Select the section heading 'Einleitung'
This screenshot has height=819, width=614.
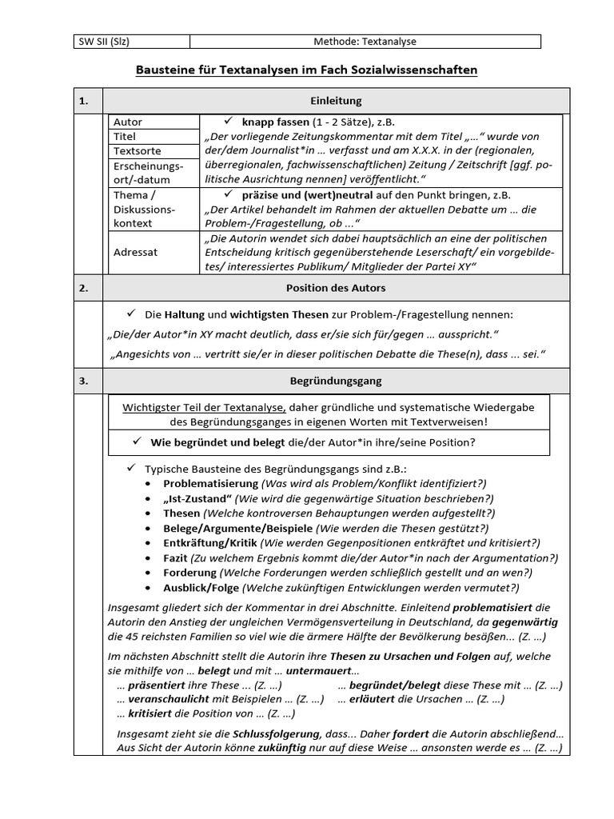click(x=336, y=101)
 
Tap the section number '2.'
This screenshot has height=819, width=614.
click(x=84, y=287)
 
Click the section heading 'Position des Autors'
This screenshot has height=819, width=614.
click(x=336, y=287)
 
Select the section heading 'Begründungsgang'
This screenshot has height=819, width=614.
click(x=336, y=382)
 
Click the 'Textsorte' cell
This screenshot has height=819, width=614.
click(x=138, y=151)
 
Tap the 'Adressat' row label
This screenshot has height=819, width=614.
click(x=136, y=252)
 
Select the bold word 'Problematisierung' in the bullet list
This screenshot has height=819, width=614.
click(x=210, y=484)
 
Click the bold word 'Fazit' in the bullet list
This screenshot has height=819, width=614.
click(x=176, y=557)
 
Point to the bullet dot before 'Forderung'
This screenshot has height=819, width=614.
click(x=150, y=573)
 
